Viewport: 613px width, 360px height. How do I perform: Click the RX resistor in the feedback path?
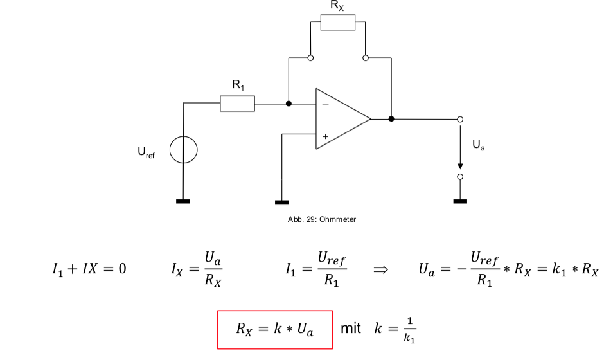(x=337, y=22)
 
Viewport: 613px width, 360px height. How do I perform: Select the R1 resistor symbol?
(x=237, y=103)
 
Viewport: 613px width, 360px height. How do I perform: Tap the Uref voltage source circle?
(x=184, y=152)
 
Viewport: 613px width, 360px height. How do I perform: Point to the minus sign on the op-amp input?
(x=325, y=103)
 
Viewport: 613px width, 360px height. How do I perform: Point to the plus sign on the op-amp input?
(x=325, y=136)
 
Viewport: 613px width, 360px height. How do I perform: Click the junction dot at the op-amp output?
(x=391, y=119)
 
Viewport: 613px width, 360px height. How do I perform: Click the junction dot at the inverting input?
(x=289, y=103)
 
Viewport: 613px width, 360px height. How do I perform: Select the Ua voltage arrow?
(x=460, y=148)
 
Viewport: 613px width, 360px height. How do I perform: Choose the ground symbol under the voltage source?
(x=184, y=202)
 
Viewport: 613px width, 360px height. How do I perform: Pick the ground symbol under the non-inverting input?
(x=281, y=202)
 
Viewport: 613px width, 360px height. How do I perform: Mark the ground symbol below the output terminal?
(x=460, y=201)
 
